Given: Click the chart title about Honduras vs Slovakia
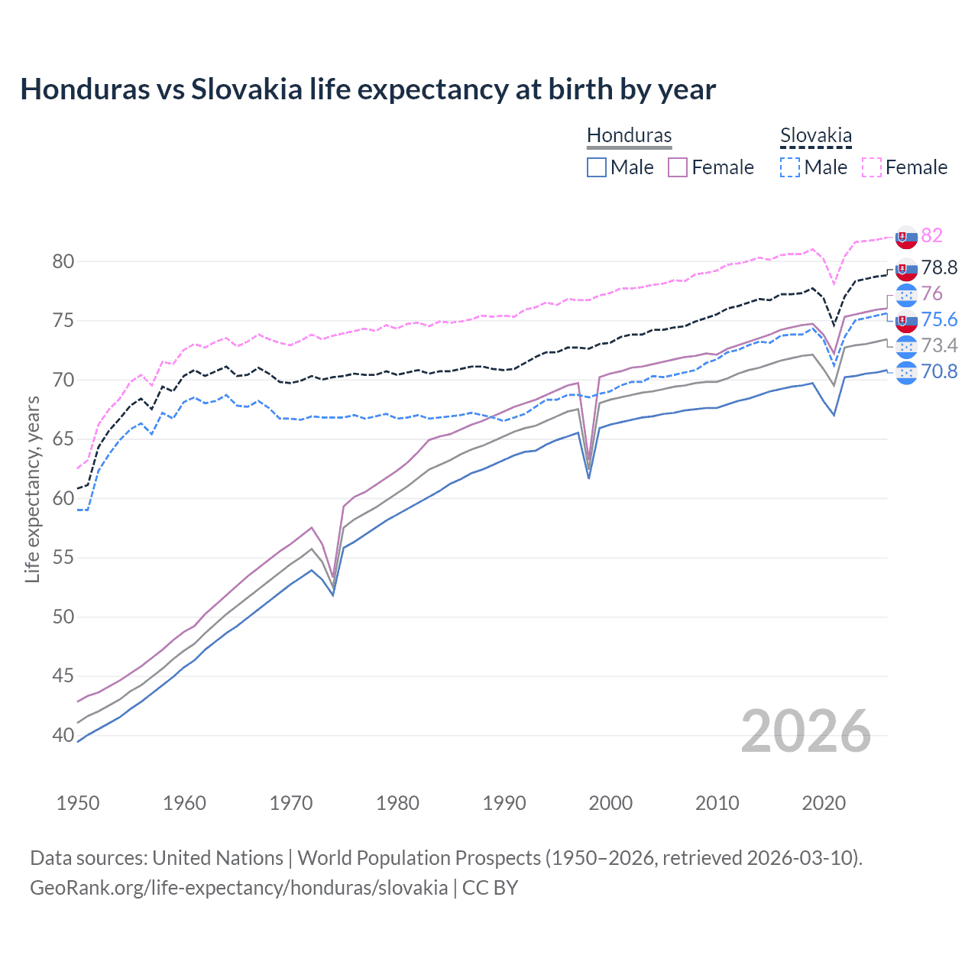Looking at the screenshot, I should pyautogui.click(x=368, y=89).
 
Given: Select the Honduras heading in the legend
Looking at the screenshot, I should pyautogui.click(x=629, y=135).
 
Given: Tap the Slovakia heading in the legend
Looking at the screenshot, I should pyautogui.click(x=815, y=135).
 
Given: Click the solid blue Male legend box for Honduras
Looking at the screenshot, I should pyautogui.click(x=597, y=167).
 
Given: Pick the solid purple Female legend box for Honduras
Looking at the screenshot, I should pyautogui.click(x=678, y=167).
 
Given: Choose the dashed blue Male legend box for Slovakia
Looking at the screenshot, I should pyautogui.click(x=790, y=167).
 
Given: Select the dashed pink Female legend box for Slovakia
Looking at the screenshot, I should pyautogui.click(x=872, y=167).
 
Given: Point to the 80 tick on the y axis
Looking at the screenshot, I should pyautogui.click(x=63, y=261).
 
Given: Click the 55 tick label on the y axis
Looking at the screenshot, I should pyautogui.click(x=63, y=558).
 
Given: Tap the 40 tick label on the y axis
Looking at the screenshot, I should pyautogui.click(x=63, y=735).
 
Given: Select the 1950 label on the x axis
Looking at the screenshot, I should pyautogui.click(x=78, y=803).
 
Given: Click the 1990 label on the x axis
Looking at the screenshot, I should pyautogui.click(x=504, y=803).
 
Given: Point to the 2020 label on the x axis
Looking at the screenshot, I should pyautogui.click(x=824, y=803).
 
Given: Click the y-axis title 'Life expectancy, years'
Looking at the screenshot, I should pyautogui.click(x=33, y=489).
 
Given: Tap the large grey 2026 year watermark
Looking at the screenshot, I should pyautogui.click(x=805, y=731).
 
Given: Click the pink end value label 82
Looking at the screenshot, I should pyautogui.click(x=931, y=235).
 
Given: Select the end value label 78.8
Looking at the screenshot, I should pyautogui.click(x=939, y=267).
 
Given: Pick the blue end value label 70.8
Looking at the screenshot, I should pyautogui.click(x=939, y=371).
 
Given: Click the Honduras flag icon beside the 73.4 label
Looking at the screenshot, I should pyautogui.click(x=906, y=346).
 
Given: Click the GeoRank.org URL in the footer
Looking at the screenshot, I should pyautogui.click(x=238, y=888).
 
